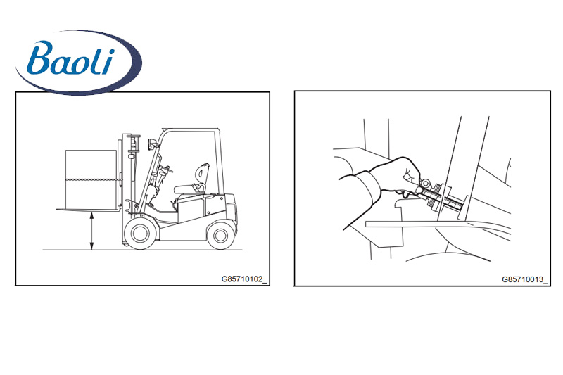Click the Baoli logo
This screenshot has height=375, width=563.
pyautogui.click(x=79, y=62)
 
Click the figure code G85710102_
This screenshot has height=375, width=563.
pyautogui.click(x=244, y=279)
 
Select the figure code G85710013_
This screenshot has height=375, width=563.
pyautogui.click(x=525, y=279)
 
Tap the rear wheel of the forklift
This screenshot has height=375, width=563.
pyautogui.click(x=220, y=236)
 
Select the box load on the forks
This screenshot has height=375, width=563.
pyautogui.click(x=91, y=179)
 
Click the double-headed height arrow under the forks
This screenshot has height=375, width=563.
pyautogui.click(x=92, y=230)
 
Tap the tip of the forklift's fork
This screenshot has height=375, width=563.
pyautogui.click(x=58, y=209)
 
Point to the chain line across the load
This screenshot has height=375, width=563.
pyautogui.click(x=92, y=179)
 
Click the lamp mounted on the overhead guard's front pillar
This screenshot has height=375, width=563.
pyautogui.click(x=151, y=144)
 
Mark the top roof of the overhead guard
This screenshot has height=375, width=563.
pyautogui.click(x=189, y=130)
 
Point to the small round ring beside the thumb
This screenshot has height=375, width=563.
pyautogui.click(x=426, y=184)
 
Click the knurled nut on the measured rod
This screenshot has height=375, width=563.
pyautogui.click(x=435, y=197)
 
